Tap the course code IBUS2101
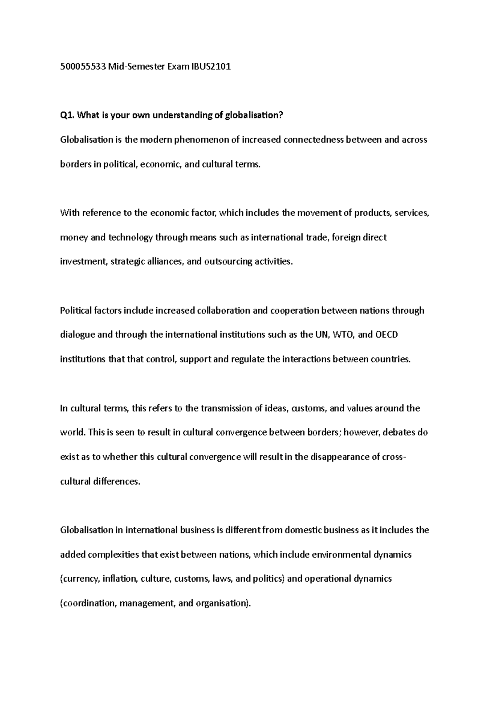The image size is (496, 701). coord(210,66)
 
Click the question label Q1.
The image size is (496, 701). coord(67,115)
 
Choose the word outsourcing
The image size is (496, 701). coord(228,262)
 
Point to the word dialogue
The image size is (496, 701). coord(77,335)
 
